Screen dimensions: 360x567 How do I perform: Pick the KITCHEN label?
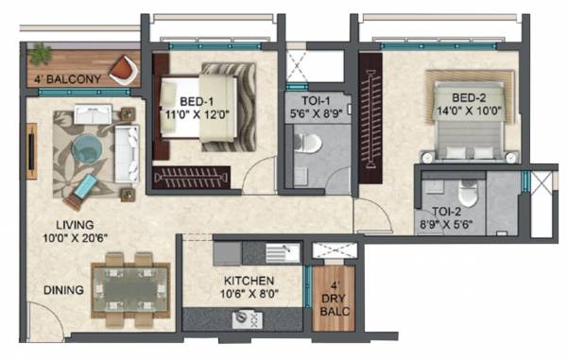pyautogui.click(x=249, y=282)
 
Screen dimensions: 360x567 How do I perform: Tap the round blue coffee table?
pyautogui.click(x=87, y=146)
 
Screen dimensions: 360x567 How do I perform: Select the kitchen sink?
pyautogui.click(x=282, y=251)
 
